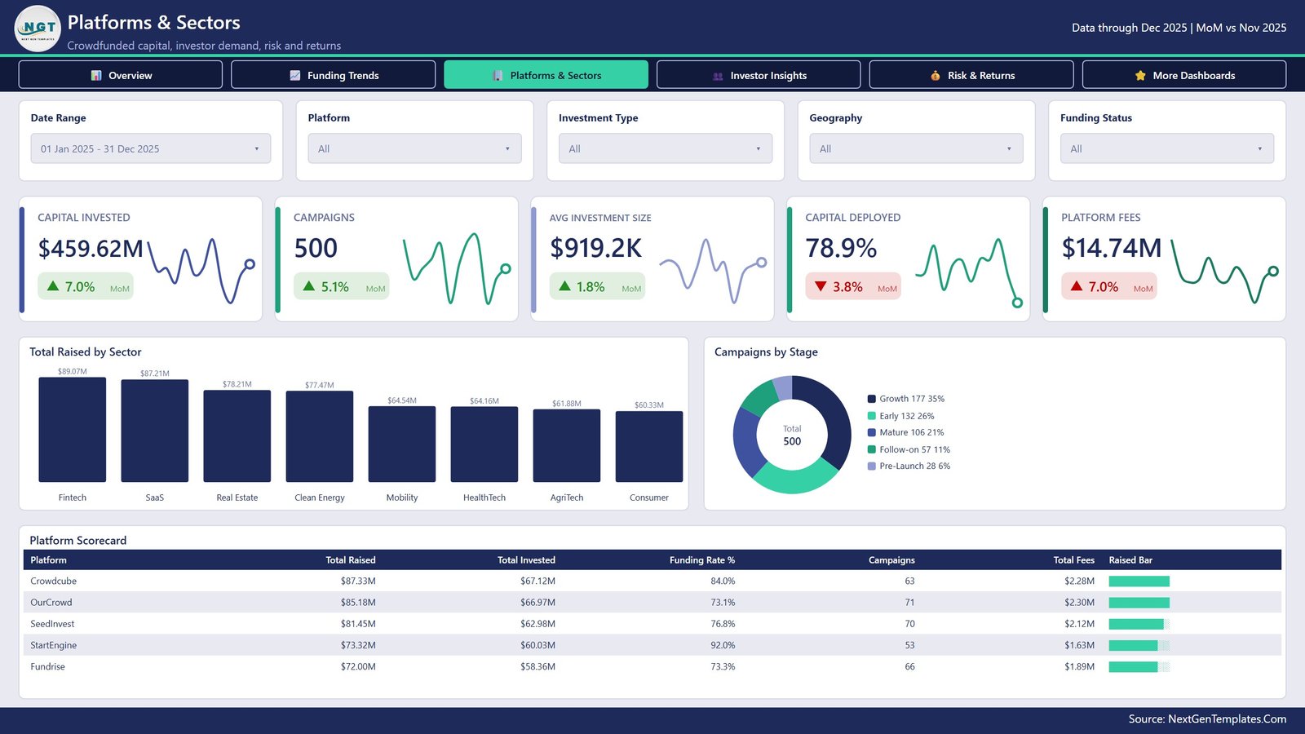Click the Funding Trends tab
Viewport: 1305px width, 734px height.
[x=334, y=75]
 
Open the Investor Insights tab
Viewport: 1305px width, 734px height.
[x=759, y=75]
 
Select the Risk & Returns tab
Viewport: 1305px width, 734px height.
[x=971, y=75]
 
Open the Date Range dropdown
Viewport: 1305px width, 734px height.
[x=151, y=148]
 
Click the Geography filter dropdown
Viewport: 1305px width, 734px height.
[x=916, y=148]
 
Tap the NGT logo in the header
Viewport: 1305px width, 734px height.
[x=38, y=29]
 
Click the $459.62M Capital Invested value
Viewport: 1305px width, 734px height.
[x=91, y=248]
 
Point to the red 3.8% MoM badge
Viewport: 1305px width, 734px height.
[x=853, y=286]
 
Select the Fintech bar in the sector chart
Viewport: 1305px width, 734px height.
[x=73, y=430]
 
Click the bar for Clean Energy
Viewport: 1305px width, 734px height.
[x=319, y=436]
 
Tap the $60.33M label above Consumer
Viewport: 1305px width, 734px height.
[x=649, y=405]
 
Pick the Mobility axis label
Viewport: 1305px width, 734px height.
[x=402, y=497]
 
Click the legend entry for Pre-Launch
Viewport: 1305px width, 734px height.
[x=909, y=466]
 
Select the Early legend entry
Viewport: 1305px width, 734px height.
[x=900, y=416]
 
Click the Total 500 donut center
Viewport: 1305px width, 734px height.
[x=792, y=436]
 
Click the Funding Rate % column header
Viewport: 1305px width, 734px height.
[x=702, y=559]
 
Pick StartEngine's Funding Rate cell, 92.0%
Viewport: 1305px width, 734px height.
[x=723, y=645]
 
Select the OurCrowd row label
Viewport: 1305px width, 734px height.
[x=51, y=603]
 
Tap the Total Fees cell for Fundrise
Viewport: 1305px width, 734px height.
[x=1080, y=666]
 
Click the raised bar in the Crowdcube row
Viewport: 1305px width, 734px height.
[x=1139, y=581]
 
